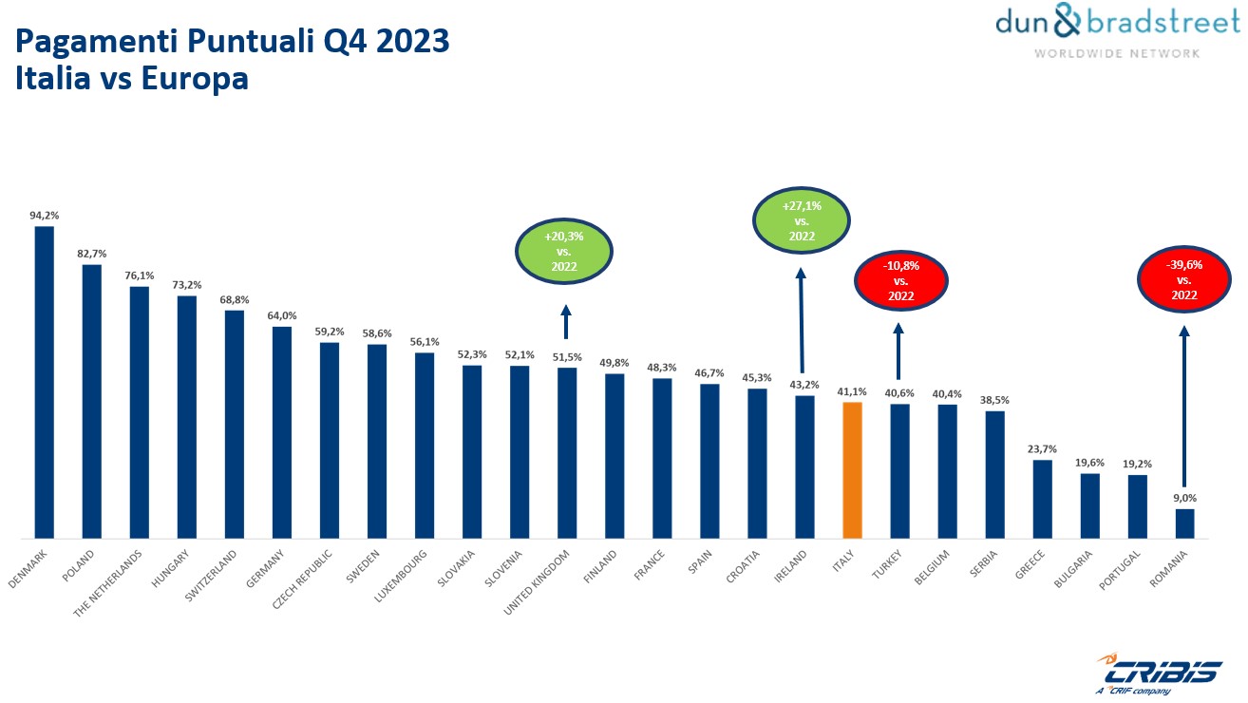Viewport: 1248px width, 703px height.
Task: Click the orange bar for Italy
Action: click(x=852, y=470)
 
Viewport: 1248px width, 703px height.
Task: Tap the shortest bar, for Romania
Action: click(x=1184, y=523)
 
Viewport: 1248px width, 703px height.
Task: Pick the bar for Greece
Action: click(x=1042, y=500)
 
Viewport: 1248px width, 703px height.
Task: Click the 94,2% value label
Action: click(x=44, y=216)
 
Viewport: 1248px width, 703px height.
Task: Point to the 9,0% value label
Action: click(x=1184, y=498)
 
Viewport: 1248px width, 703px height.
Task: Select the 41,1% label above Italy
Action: click(x=852, y=390)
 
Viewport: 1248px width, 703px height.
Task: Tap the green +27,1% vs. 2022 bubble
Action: click(x=800, y=220)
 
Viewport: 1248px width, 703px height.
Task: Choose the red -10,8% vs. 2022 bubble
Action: click(x=900, y=280)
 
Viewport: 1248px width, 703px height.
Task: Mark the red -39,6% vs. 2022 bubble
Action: click(x=1183, y=279)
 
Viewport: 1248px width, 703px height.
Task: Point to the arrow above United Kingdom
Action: click(x=566, y=322)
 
